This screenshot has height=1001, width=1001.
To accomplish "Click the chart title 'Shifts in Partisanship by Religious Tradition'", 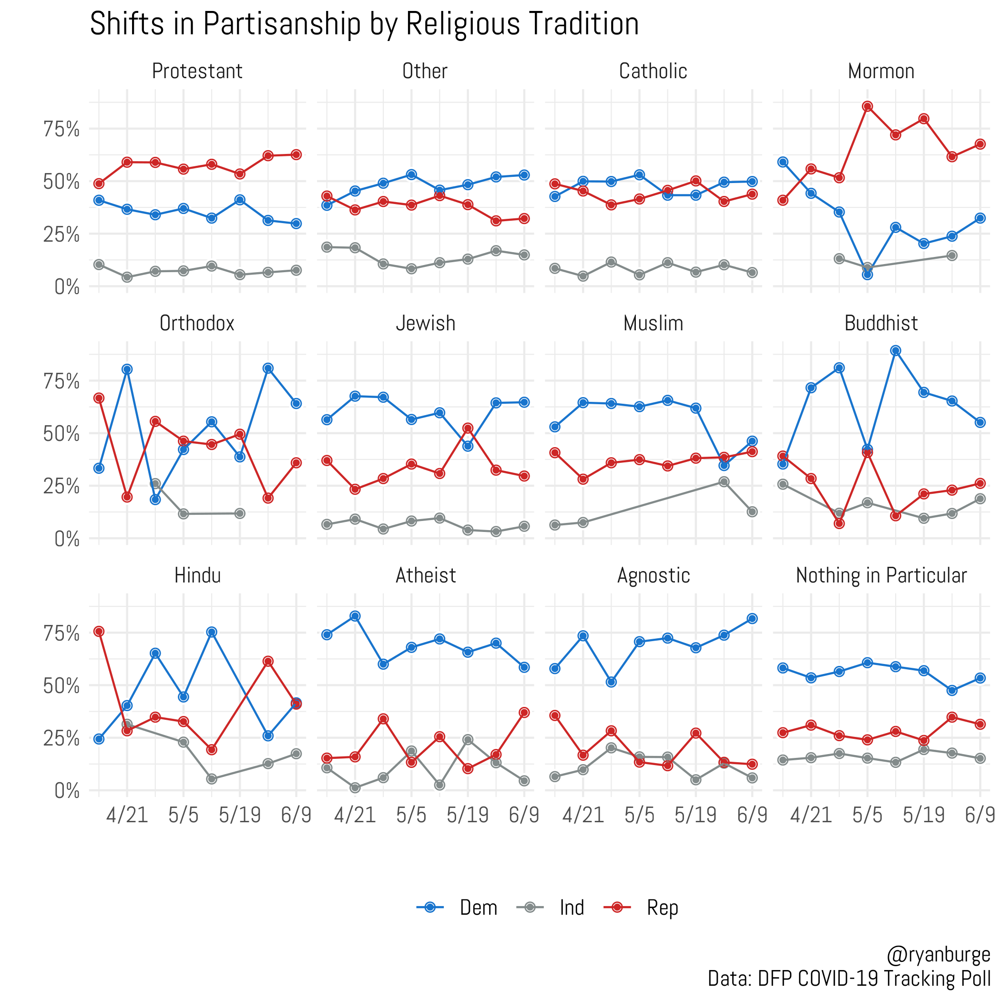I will point(364,24).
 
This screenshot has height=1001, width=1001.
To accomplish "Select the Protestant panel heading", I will point(197,71).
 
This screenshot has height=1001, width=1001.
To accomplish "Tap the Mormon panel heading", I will point(881,71).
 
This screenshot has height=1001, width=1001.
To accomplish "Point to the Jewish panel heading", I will point(425,323).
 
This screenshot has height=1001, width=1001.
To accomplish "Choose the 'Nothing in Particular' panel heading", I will point(881,576).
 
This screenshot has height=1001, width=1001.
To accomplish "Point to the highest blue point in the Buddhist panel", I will point(895,351).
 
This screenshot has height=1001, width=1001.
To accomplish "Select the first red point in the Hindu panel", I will point(99,631).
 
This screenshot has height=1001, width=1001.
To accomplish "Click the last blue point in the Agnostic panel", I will point(752,619).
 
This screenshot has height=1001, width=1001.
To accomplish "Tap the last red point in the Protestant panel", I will point(296,154).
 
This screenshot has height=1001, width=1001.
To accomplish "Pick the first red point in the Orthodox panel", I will point(99,398).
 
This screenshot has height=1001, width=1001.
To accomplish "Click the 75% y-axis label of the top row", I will point(61,130).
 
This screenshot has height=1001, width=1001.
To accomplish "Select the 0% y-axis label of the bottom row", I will point(67,791).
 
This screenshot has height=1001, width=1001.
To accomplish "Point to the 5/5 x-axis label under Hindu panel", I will point(183,815).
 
